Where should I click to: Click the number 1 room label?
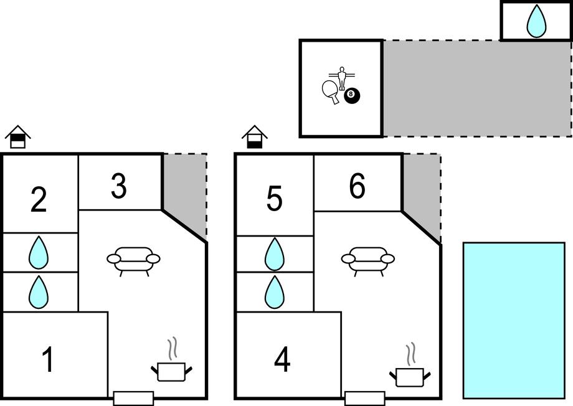pos(47,360)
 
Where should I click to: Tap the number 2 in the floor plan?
pos(39,199)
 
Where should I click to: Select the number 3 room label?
pos(119,186)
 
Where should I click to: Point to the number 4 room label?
pos(282,360)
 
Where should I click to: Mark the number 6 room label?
pos(357,186)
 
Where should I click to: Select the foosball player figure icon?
pos(341,78)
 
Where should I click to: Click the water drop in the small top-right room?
pos(536,22)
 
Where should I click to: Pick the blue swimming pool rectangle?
pos(514,320)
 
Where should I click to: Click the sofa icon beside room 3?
pos(133,259)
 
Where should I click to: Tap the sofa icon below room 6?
pos(367,259)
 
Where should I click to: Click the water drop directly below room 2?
pos(39,252)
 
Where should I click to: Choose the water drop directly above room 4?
pos(274,292)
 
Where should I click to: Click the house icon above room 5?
pos(255,136)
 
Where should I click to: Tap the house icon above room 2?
pos(18,136)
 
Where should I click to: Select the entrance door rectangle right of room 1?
pos(133,398)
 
